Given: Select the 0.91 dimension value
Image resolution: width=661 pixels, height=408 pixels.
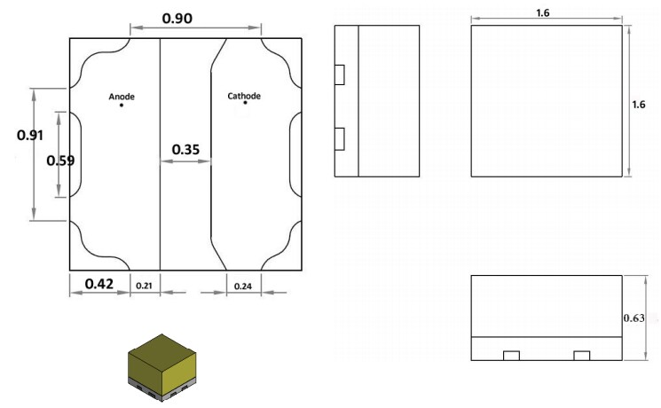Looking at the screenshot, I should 31,135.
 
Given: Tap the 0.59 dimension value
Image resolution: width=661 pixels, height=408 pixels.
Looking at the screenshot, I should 60,161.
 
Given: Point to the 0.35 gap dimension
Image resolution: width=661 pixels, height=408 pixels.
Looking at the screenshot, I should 185,150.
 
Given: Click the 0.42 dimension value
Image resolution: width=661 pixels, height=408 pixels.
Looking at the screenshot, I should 98,284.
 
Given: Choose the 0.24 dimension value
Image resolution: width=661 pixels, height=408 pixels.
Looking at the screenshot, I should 241,286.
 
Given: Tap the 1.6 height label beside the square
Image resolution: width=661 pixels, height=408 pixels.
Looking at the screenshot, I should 638,105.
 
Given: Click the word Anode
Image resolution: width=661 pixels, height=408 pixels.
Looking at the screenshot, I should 122,96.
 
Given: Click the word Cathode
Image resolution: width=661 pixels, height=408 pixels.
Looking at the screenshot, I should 244,96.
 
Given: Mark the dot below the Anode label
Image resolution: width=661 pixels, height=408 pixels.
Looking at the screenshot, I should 122,106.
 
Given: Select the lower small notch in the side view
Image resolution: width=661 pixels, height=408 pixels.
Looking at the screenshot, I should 339,137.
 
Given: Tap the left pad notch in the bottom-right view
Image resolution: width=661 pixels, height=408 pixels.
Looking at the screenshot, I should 511,356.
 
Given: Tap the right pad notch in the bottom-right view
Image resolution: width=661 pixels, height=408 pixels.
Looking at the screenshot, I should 581,356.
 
